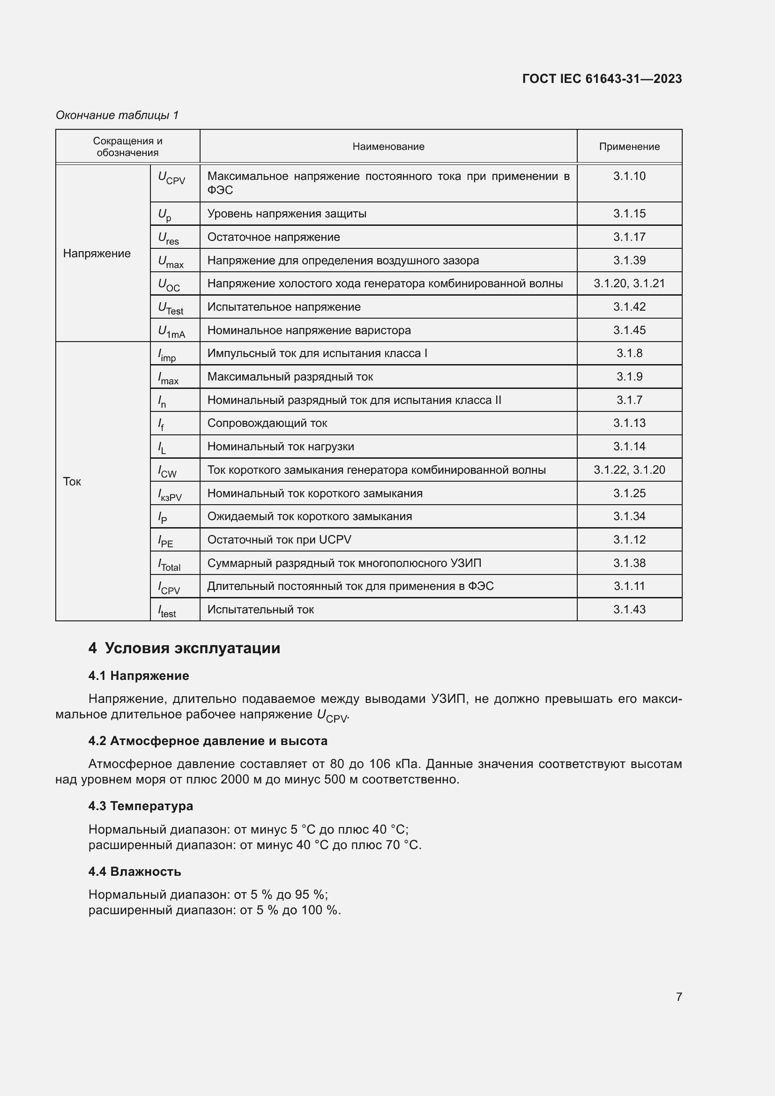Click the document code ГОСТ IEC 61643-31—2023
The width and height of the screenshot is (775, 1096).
[602, 79]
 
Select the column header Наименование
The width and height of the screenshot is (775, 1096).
[388, 147]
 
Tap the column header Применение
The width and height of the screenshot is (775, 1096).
[629, 147]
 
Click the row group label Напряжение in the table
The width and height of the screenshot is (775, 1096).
[97, 253]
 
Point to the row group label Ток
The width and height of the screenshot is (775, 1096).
[72, 481]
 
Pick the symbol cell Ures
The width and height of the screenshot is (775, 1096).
[169, 238]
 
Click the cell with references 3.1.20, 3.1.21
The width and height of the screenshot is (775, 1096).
[629, 283]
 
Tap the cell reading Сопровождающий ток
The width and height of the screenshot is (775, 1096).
[267, 423]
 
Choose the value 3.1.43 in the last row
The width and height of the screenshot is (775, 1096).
[629, 610]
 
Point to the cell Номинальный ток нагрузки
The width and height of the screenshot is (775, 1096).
[281, 447]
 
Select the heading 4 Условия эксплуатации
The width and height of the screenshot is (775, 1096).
[184, 648]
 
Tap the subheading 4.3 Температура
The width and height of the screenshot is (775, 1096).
[141, 806]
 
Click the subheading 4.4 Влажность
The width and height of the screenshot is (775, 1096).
[134, 871]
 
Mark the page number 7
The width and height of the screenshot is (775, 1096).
[678, 997]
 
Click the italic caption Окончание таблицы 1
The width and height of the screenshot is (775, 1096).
[117, 115]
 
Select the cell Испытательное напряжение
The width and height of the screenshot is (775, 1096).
[284, 307]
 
